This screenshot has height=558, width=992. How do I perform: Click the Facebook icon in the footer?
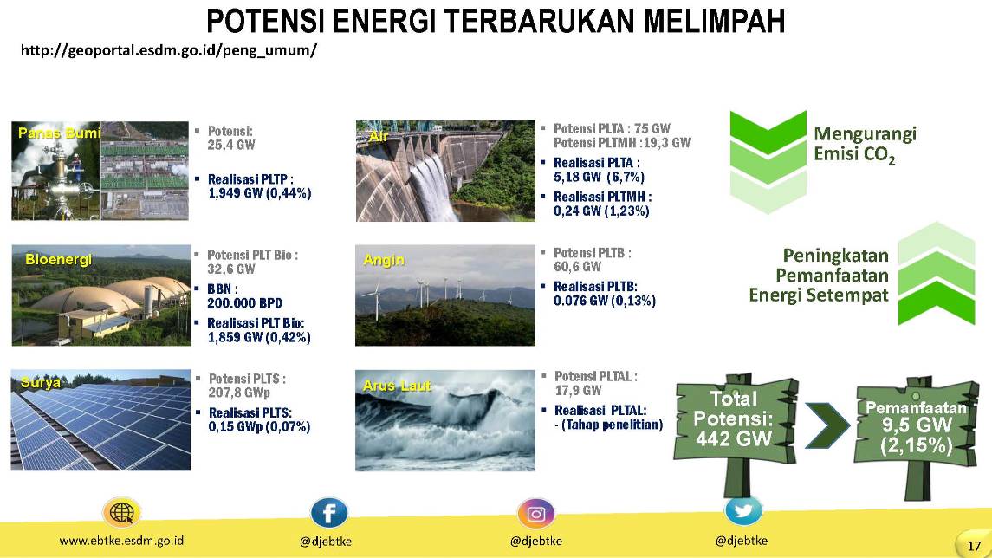(329, 513)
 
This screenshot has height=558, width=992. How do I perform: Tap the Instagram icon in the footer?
(536, 514)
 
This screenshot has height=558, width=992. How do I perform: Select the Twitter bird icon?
(743, 510)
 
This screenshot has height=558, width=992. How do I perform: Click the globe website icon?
(121, 512)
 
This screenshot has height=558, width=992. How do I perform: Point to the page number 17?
(974, 545)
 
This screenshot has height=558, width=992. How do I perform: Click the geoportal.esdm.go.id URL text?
(169, 50)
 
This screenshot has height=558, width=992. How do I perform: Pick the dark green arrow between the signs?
(827, 425)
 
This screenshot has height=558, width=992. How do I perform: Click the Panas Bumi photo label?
(59, 133)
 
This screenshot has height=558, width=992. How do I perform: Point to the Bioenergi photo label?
(58, 259)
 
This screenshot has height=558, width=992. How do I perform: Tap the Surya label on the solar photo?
(41, 382)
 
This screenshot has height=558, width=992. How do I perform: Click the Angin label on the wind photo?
(384, 260)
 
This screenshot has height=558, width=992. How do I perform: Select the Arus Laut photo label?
(397, 386)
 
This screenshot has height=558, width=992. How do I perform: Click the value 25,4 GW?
(231, 145)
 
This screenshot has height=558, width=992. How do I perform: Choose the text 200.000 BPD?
(245, 303)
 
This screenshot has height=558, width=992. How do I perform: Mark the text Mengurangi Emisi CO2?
(865, 144)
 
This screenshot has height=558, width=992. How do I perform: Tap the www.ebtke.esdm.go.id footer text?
(121, 541)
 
